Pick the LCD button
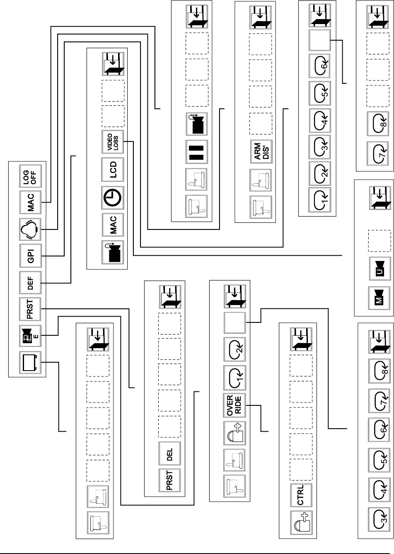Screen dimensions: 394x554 [113, 169]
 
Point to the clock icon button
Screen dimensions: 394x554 [113, 197]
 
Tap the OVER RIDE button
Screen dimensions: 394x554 [234, 404]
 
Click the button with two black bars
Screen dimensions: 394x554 [197, 152]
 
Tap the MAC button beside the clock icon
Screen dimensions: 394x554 [113, 225]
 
